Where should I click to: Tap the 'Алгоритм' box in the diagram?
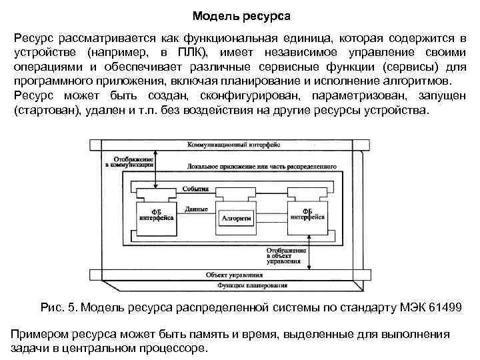tap(235, 218)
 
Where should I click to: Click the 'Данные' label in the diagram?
tap(196, 209)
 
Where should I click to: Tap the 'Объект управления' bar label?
tap(229, 275)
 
